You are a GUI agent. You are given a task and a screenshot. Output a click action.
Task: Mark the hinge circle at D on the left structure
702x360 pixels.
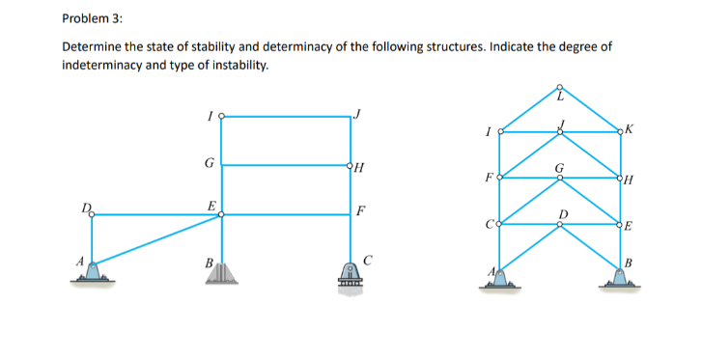click(x=93, y=215)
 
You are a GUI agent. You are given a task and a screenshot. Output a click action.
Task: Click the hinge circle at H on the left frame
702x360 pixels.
click(x=350, y=165)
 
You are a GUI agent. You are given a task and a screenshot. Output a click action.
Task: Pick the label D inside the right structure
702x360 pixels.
click(x=564, y=213)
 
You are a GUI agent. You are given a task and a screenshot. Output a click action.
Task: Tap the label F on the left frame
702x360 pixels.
click(x=361, y=208)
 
